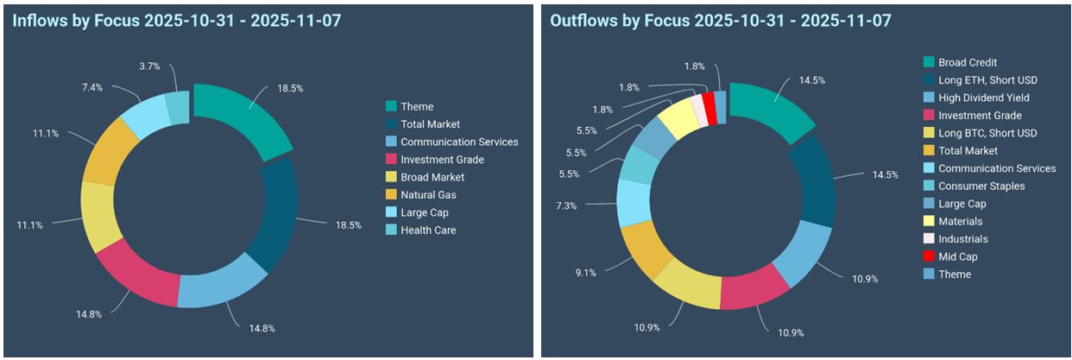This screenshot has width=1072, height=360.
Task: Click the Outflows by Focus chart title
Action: click(721, 19)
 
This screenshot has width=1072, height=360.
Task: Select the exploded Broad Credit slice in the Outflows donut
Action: click(773, 115)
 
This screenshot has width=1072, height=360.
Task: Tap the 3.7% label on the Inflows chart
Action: click(149, 65)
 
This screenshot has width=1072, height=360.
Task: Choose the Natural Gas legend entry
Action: click(429, 195)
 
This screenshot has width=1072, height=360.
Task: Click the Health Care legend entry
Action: click(427, 231)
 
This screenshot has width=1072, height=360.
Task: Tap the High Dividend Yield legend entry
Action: click(983, 98)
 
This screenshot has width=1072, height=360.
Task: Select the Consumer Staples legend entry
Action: click(981, 186)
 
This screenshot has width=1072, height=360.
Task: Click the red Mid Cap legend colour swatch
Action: click(928, 256)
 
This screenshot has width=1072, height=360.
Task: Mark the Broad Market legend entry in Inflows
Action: click(432, 177)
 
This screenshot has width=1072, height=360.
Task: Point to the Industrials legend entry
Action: click(962, 239)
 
